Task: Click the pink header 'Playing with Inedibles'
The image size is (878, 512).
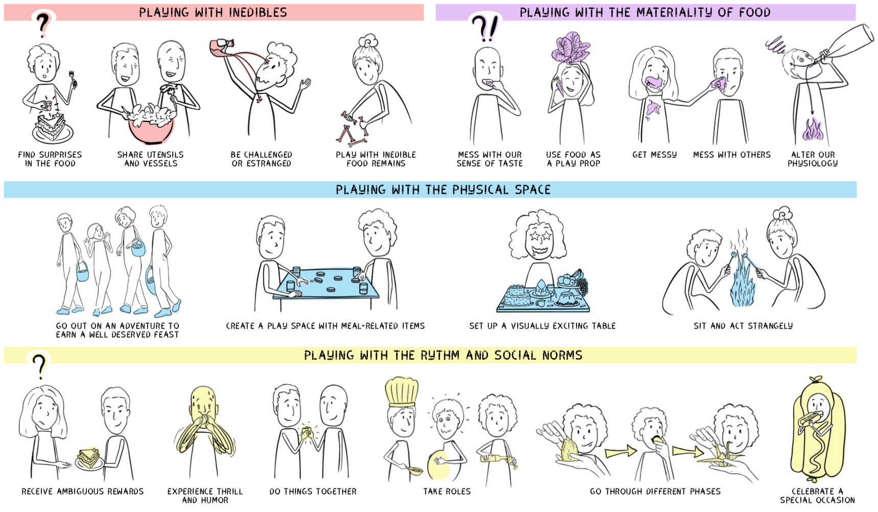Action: point(213,12)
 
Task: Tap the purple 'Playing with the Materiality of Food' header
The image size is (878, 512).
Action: point(645,12)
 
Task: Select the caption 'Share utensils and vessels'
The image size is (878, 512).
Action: point(150,159)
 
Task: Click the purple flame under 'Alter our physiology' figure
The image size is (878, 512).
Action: point(812,130)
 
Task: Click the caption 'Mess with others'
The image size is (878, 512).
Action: point(732,154)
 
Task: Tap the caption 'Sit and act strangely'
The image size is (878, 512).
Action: point(743,325)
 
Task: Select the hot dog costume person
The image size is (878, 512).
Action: point(817,429)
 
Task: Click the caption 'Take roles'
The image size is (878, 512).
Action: point(447,491)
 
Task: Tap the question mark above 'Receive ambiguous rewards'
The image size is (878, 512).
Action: point(39,365)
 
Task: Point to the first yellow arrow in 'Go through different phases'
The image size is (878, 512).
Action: point(620,452)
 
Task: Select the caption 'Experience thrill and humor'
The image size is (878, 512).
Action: point(205,496)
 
